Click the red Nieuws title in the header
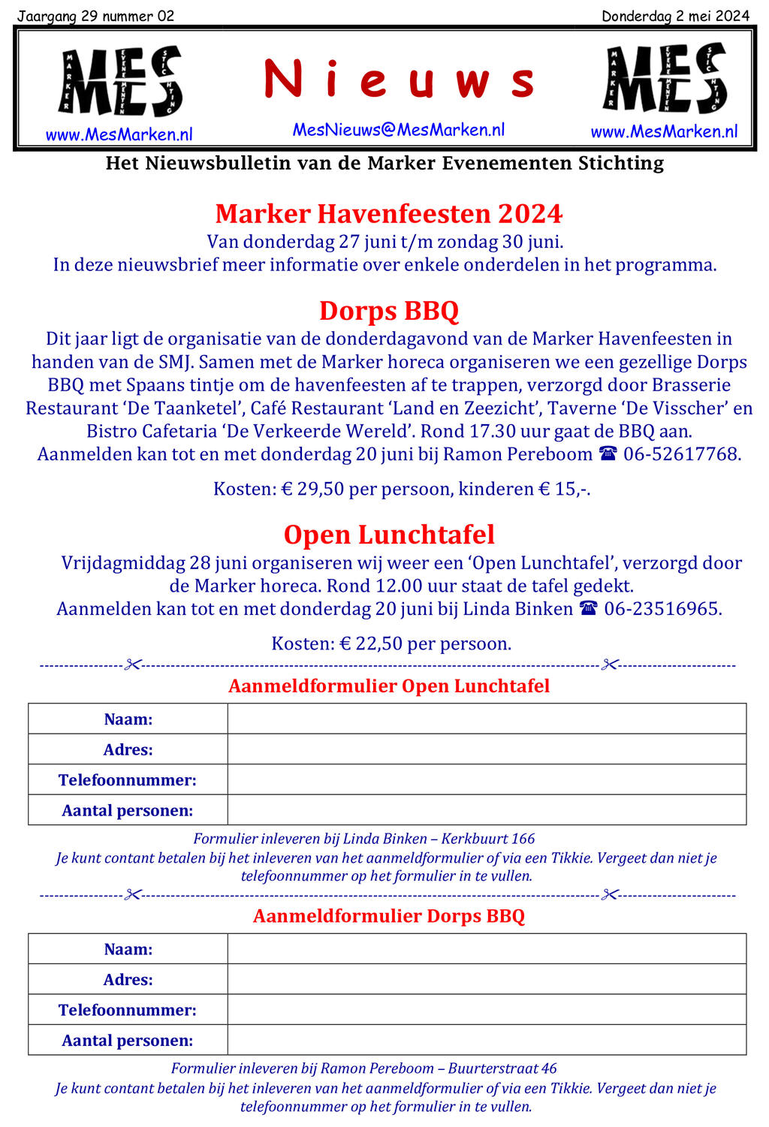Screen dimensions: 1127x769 coord(399,80)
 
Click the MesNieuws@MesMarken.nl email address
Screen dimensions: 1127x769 coord(399,130)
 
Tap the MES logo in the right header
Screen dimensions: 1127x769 coord(665,79)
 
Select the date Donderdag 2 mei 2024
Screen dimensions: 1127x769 coord(675,16)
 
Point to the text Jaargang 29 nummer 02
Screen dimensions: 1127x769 coord(95,16)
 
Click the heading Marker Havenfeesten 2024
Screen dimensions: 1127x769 coord(388,214)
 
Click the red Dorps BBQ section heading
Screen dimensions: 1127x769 coord(388,311)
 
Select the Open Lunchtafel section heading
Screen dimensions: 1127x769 coord(388,535)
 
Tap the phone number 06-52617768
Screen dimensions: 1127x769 coord(681,454)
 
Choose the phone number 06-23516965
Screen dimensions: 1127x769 coord(662,609)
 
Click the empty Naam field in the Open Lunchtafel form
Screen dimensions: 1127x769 coord(487,719)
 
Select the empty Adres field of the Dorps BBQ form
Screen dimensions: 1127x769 coord(487,979)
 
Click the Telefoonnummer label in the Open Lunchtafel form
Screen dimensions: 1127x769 coord(128,780)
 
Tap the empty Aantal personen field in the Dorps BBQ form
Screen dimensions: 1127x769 coord(487,1040)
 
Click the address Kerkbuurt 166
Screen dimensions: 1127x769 coord(488,839)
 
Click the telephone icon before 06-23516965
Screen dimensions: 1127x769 coord(589,609)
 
